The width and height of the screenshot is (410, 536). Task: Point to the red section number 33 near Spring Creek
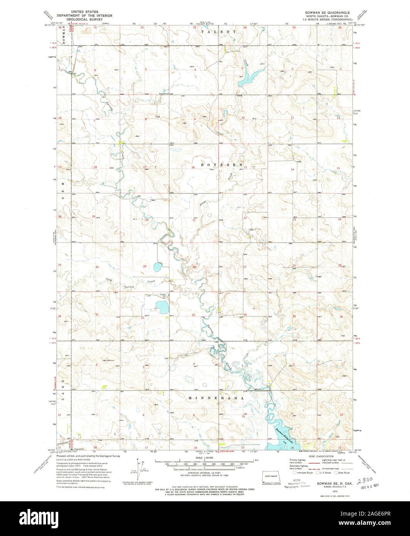pyautogui.click(x=194, y=315)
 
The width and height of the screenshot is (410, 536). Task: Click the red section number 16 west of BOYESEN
pyautogui.click(x=193, y=167)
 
